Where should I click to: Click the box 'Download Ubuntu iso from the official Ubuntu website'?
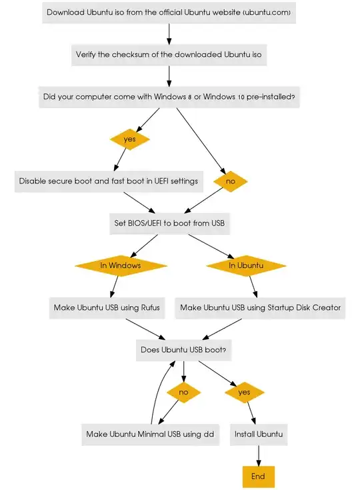[169, 12]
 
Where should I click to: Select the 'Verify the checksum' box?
[169, 55]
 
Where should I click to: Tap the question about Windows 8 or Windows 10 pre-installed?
[169, 97]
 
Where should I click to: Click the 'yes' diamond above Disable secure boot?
[129, 139]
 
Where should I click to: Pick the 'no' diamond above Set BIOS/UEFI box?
[230, 181]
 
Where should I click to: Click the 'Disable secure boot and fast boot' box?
[108, 181]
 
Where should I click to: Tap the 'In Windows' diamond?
[121, 265]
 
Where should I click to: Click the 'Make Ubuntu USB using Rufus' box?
[107, 308]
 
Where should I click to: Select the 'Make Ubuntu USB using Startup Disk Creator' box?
[260, 308]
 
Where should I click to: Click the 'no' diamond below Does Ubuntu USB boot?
[184, 392]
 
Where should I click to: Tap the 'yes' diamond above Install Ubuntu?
[244, 392]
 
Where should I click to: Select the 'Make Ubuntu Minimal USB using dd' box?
[150, 434]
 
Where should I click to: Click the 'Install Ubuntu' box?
[259, 434]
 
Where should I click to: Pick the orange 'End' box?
[258, 476]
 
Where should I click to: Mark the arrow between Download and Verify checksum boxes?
[169, 33]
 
